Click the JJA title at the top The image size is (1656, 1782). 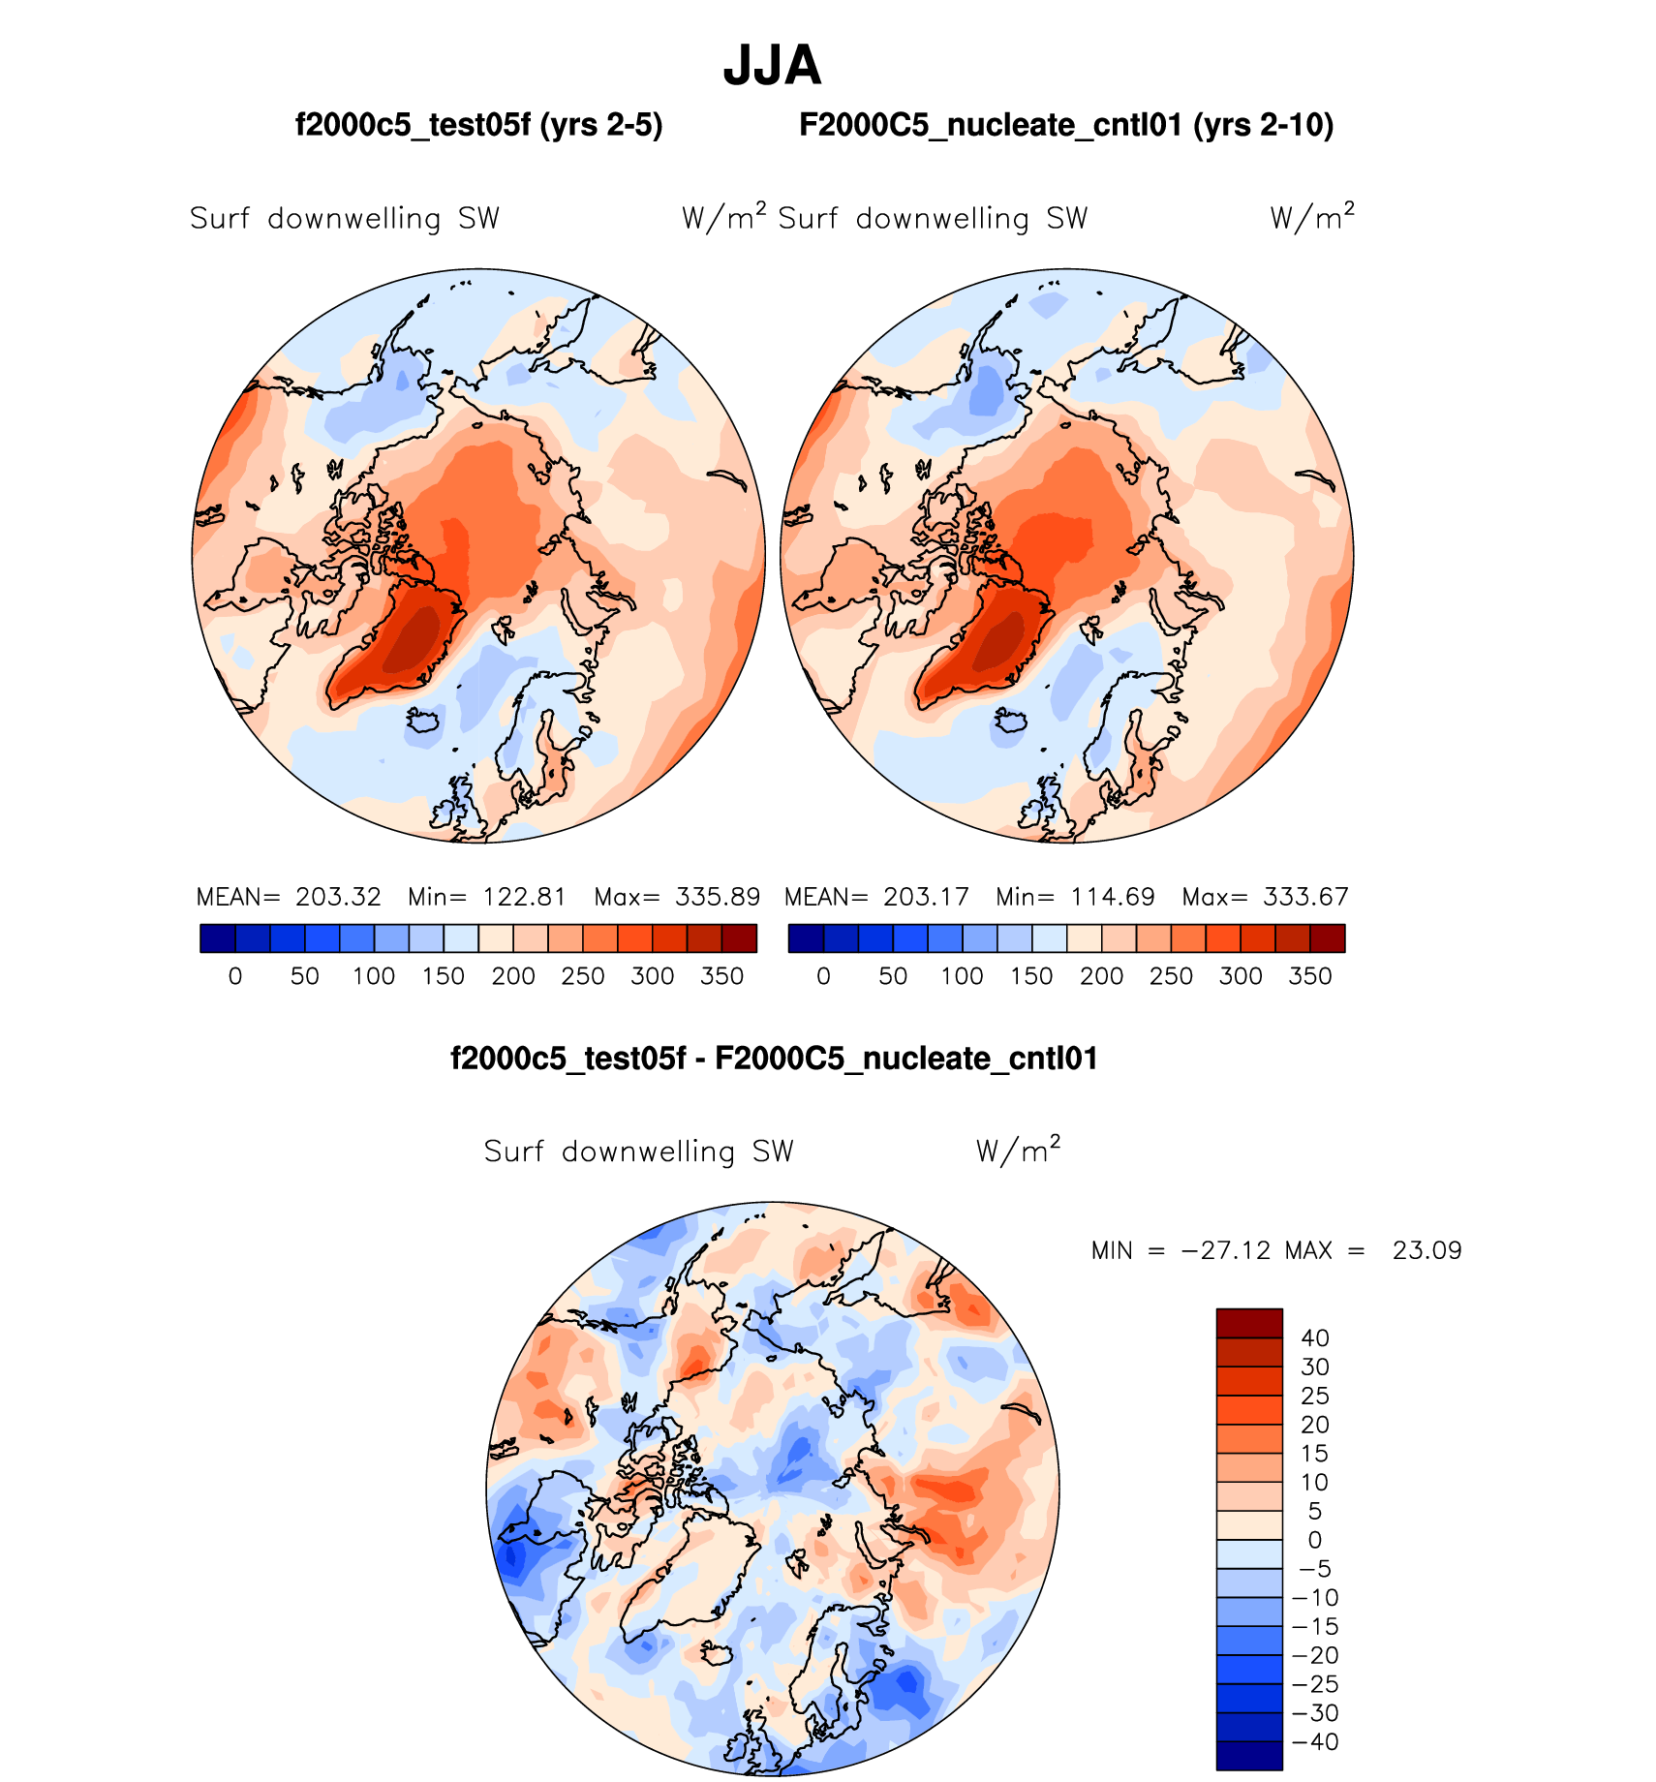click(x=772, y=67)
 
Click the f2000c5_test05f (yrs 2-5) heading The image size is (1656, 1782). click(x=478, y=125)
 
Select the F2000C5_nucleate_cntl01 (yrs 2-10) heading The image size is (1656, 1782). click(x=1066, y=125)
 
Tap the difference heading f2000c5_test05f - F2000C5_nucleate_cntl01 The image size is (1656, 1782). click(x=774, y=1058)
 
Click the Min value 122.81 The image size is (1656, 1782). click(x=524, y=897)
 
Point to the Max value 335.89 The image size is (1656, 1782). click(x=718, y=897)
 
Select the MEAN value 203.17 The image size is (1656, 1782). click(x=926, y=897)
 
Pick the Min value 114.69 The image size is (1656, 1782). click(x=1113, y=897)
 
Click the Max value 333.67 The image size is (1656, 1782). click(x=1305, y=897)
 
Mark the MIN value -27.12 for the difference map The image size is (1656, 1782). click(x=1225, y=1250)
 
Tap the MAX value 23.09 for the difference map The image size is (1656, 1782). click(x=1426, y=1250)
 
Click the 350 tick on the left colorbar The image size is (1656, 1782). click(x=721, y=976)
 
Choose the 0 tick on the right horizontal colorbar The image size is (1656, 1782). click(x=823, y=976)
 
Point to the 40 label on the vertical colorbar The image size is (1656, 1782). click(x=1315, y=1338)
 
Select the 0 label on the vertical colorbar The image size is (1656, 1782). click(x=1314, y=1540)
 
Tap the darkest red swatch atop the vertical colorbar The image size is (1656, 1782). click(x=1249, y=1323)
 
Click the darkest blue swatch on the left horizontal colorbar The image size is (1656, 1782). click(x=218, y=938)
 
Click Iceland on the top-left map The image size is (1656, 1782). click(x=423, y=722)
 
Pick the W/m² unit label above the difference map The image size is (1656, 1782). click(x=1018, y=1150)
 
